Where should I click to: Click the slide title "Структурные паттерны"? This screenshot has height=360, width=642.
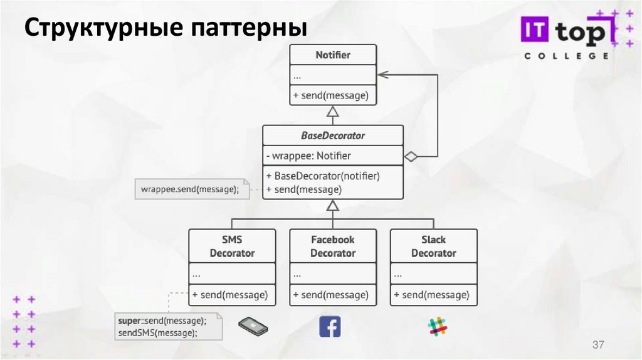coord(166,29)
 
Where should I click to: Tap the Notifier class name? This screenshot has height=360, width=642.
coord(333,55)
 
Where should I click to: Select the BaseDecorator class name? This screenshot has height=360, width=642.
coord(333,135)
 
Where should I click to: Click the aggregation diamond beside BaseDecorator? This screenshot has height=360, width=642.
coord(411,156)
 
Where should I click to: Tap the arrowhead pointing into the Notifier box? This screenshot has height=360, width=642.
coord(382,74)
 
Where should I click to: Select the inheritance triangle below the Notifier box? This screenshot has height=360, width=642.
coord(333,112)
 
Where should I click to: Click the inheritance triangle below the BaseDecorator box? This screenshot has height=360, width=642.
coord(333,205)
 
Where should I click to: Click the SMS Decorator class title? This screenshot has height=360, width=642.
coord(232,246)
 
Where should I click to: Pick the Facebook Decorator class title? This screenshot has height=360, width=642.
coord(333,246)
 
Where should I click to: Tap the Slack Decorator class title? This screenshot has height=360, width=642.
coord(433,246)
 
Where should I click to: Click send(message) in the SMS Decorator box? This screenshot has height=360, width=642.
coord(233,294)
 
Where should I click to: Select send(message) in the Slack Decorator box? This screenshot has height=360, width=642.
coord(434,294)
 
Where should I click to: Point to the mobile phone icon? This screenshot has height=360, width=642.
coord(253,326)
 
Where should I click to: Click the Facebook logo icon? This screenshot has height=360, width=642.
coord(330,326)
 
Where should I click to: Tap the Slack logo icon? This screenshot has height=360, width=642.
coord(438,326)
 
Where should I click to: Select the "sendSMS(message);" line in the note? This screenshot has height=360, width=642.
coord(162,333)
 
